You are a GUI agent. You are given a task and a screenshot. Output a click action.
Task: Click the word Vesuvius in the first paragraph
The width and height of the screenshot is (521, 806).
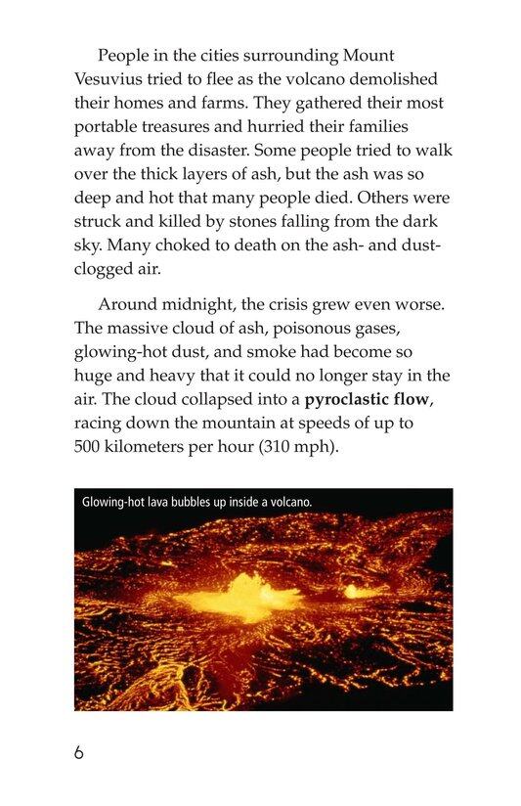109,78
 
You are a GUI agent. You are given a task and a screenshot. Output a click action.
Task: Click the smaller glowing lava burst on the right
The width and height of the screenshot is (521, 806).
357,591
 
